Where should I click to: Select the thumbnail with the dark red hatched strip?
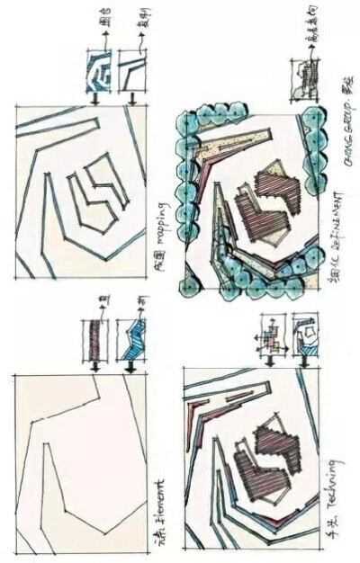99,341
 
